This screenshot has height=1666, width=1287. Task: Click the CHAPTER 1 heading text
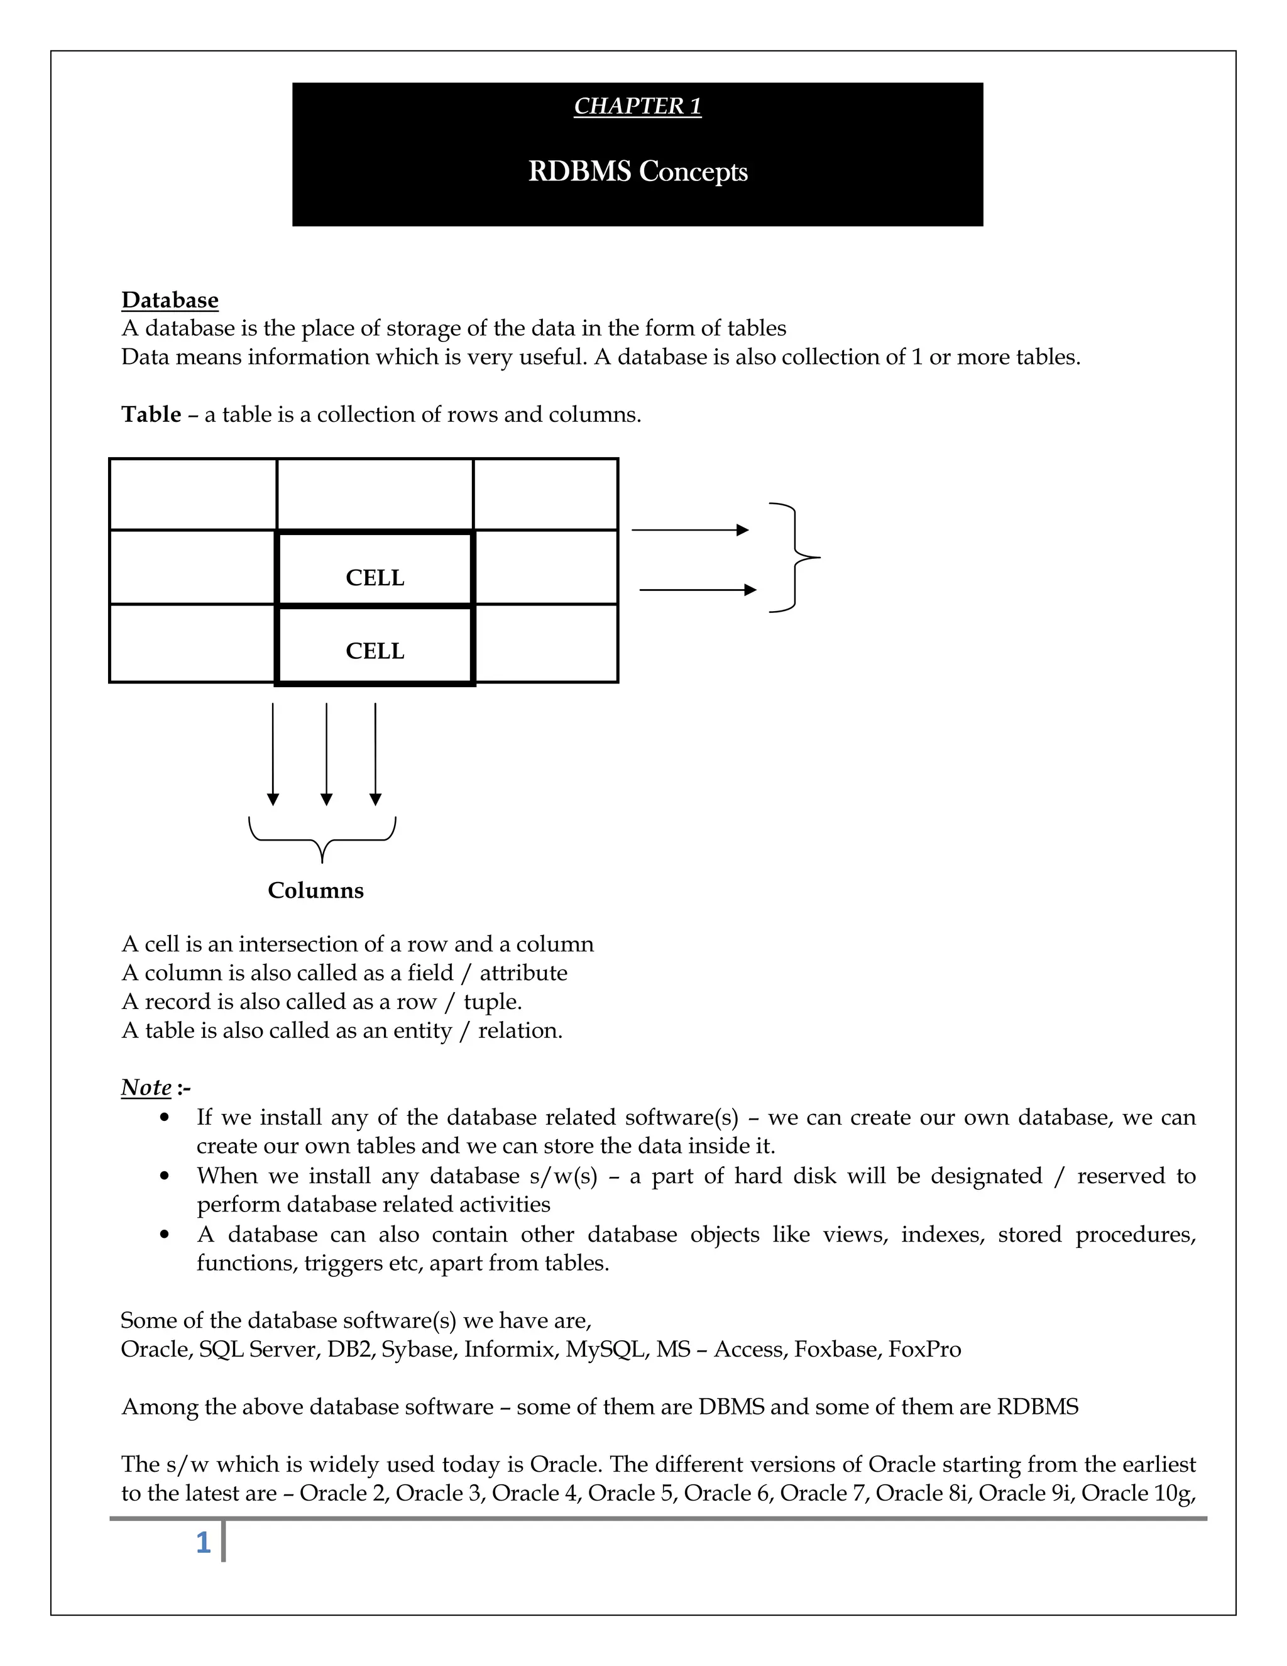pyautogui.click(x=637, y=106)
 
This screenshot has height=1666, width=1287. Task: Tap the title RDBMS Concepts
pyautogui.click(x=637, y=172)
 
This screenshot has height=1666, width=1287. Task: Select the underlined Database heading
pyautogui.click(x=170, y=300)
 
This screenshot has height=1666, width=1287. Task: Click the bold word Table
pyautogui.click(x=151, y=414)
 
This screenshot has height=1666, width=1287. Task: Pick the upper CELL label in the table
pyautogui.click(x=375, y=578)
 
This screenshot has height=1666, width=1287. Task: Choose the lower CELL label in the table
pyautogui.click(x=375, y=651)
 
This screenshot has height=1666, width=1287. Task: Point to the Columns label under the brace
pyautogui.click(x=315, y=890)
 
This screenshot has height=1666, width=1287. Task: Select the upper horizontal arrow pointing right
pyautogui.click(x=690, y=530)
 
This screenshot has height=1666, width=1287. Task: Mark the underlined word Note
pyautogui.click(x=146, y=1086)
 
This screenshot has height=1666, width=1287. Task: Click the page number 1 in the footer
pyautogui.click(x=203, y=1543)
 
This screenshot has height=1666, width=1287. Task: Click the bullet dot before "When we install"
pyautogui.click(x=165, y=1176)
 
